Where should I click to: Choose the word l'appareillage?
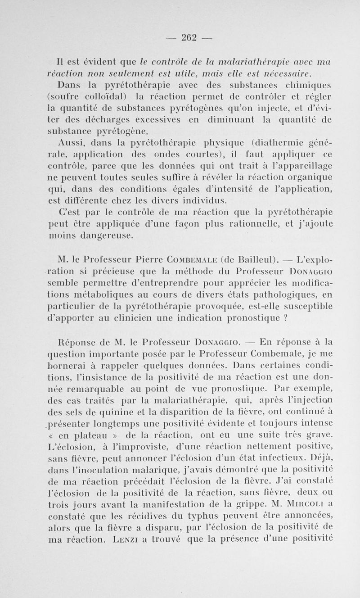[x=302, y=168]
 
